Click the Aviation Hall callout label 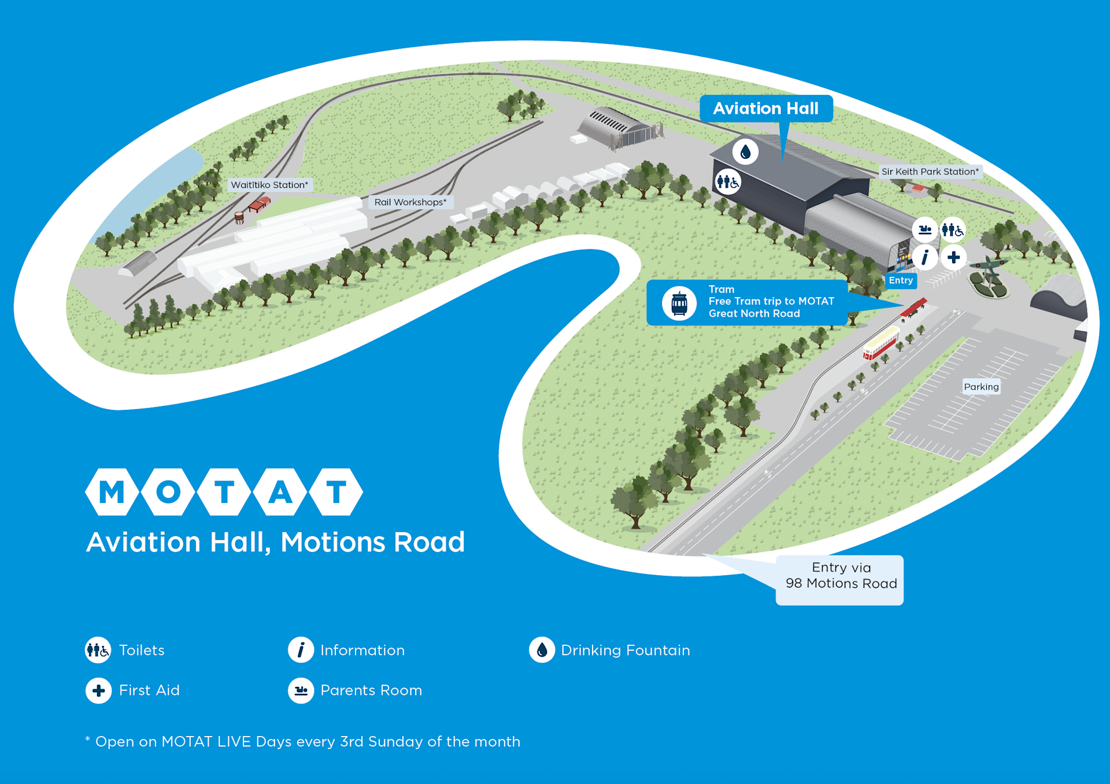pos(765,109)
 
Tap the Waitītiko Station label pos(269,185)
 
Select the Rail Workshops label pos(410,202)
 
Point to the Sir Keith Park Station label pos(930,172)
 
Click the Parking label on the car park pos(981,387)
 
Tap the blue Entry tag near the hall pos(901,280)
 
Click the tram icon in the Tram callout pos(679,302)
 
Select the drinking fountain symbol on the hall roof pos(745,152)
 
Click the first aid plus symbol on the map pos(953,257)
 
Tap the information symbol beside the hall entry pos(925,257)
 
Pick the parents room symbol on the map pos(925,230)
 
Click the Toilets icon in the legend pos(98,650)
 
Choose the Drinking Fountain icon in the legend pos(542,650)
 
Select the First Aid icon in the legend pos(98,690)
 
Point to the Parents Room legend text pos(371,690)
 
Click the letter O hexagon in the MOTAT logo pos(168,492)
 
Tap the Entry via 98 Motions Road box pos(840,580)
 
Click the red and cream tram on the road pos(881,343)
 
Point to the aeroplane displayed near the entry pos(990,267)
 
